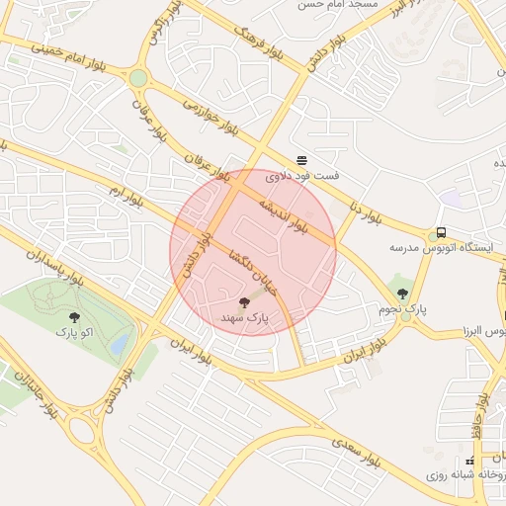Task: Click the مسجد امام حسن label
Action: click(x=335, y=5)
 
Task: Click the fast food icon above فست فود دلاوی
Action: click(x=301, y=160)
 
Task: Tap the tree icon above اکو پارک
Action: click(x=73, y=318)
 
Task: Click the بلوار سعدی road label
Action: click(x=357, y=451)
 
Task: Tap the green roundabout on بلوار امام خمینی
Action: click(x=137, y=77)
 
